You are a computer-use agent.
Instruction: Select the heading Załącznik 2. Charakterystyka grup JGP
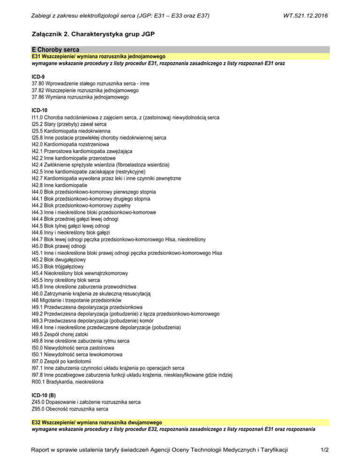(x=92, y=35)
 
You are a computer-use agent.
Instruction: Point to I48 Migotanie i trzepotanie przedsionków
(x=76, y=299)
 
